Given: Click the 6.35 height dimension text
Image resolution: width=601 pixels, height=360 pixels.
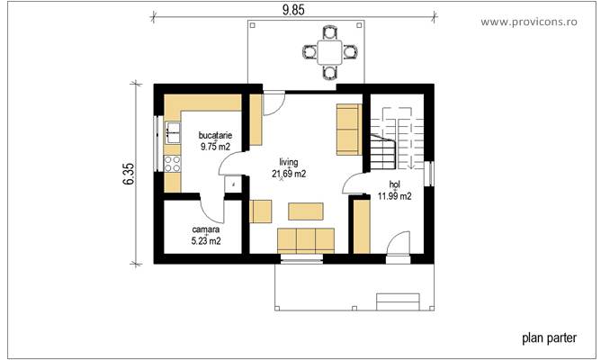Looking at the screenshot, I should [129, 174].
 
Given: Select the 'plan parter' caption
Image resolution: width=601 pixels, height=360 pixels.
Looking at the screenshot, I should [550, 338].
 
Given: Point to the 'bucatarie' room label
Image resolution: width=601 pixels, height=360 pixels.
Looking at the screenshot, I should [215, 135].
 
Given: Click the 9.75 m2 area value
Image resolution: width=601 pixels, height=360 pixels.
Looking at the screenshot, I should [215, 146].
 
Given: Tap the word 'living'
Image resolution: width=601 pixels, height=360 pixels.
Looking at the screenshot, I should [288, 163].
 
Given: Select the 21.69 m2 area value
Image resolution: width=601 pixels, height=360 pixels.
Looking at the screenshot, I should [289, 174].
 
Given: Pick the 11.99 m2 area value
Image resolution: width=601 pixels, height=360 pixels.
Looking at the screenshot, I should [394, 195].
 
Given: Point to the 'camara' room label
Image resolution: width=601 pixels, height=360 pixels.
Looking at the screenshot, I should [206, 230].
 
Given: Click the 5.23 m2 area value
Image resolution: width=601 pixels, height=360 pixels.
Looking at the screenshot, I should [206, 241].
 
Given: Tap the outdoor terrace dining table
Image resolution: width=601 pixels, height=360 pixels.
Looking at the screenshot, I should [331, 50].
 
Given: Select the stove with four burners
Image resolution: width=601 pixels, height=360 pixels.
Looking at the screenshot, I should [172, 165].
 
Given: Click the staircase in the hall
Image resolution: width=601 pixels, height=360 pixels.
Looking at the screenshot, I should [396, 139].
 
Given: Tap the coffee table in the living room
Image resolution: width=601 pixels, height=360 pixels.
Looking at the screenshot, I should [305, 211].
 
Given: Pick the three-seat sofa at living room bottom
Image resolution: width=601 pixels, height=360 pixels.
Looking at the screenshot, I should [305, 239].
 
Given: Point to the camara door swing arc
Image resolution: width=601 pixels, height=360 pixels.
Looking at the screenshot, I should [212, 209].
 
